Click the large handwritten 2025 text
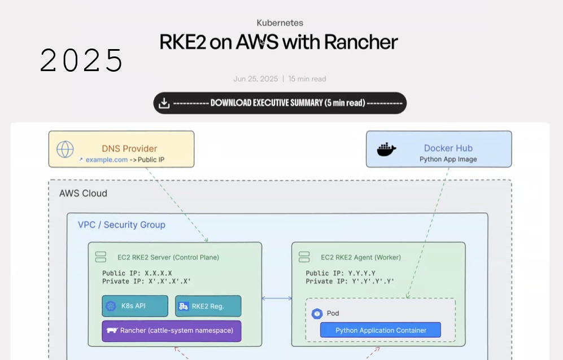click(x=81, y=60)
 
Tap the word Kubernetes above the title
click(x=280, y=23)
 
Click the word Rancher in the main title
click(x=361, y=42)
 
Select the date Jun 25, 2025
click(x=256, y=79)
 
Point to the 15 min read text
click(x=307, y=79)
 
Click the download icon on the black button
click(x=164, y=103)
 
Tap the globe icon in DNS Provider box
click(x=65, y=150)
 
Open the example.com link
click(x=106, y=160)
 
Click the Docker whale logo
click(x=386, y=149)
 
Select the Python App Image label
click(x=448, y=159)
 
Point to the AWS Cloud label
click(x=83, y=194)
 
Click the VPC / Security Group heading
click(x=121, y=225)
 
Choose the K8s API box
click(x=135, y=306)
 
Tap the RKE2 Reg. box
click(x=208, y=306)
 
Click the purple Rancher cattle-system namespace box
click(x=172, y=331)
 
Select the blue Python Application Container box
click(x=381, y=330)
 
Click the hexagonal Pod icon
click(x=317, y=314)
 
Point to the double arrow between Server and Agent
click(x=277, y=298)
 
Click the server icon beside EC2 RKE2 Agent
click(x=304, y=257)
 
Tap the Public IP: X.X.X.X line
click(x=137, y=273)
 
